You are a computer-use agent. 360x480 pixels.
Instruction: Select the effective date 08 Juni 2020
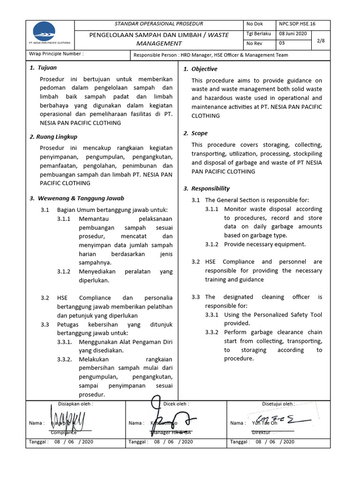tap(293, 34)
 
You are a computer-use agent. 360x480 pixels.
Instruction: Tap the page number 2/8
tap(321, 41)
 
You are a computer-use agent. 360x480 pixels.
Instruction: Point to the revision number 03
tap(282, 44)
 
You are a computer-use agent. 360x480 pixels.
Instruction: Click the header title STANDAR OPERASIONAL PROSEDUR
tap(159, 23)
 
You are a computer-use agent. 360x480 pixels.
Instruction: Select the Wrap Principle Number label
tap(56, 54)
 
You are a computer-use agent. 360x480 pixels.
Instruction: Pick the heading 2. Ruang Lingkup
tap(53, 137)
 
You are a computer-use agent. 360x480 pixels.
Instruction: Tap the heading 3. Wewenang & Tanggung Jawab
tap(77, 198)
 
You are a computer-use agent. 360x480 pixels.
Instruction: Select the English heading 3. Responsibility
tap(206, 188)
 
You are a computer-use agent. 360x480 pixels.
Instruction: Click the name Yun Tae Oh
tap(264, 423)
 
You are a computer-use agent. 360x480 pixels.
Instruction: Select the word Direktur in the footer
tap(261, 432)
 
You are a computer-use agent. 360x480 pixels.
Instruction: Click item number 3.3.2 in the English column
tap(212, 332)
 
